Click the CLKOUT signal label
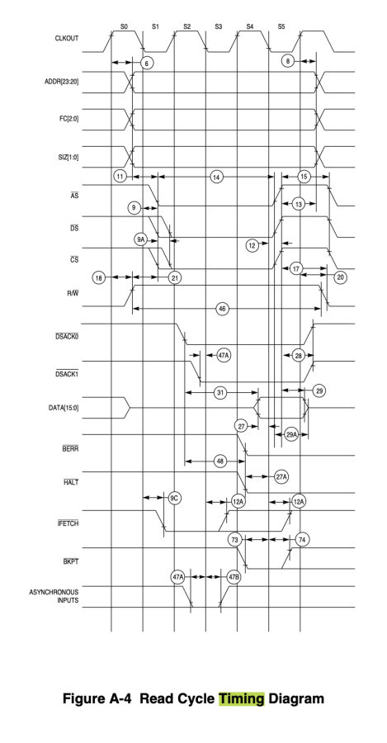tap(66, 38)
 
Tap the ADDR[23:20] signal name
tap(62, 82)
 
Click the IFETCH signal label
tap(68, 523)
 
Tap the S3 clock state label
tap(219, 27)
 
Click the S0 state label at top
tap(124, 27)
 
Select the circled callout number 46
tap(222, 309)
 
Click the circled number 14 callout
tap(216, 177)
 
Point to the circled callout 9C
tap(175, 498)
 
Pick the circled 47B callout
tap(234, 577)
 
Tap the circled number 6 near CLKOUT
tap(147, 63)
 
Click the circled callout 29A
tap(292, 434)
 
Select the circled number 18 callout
tap(98, 277)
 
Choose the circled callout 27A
tap(281, 476)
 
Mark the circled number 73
tap(234, 539)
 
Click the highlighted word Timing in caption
tap(242, 698)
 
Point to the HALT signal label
tap(72, 482)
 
